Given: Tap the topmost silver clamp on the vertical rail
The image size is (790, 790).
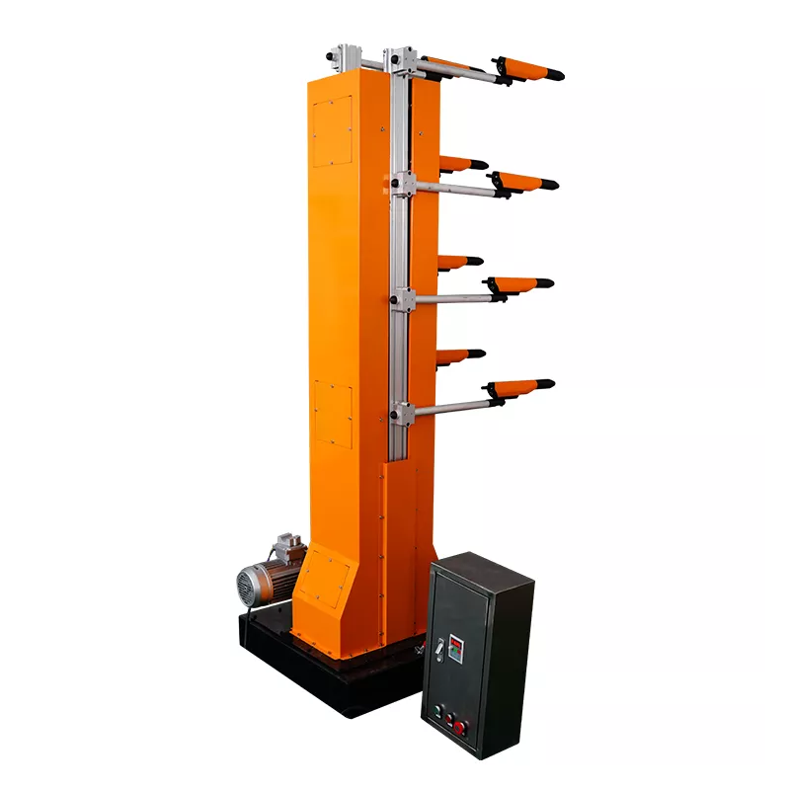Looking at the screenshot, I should [402, 61].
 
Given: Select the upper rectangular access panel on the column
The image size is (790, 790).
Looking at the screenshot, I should [332, 131].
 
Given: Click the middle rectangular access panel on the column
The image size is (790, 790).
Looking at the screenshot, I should [334, 413].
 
